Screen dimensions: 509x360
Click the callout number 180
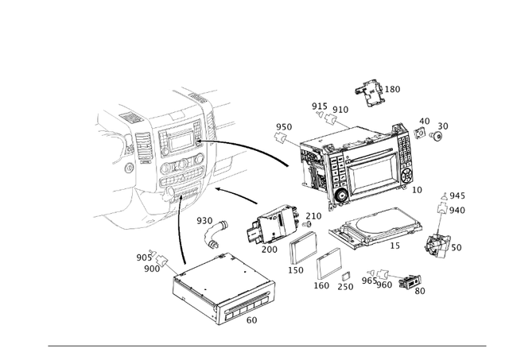(392, 89)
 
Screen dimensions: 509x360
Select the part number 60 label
(251, 320)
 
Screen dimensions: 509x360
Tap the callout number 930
(204, 221)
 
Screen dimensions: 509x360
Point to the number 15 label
(394, 246)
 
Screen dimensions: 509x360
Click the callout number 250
(345, 287)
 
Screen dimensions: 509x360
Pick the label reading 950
(284, 127)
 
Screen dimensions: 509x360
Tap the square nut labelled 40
(420, 133)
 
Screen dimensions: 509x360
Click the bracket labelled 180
(369, 91)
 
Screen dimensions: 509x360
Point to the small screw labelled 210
(306, 224)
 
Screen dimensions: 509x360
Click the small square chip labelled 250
(345, 276)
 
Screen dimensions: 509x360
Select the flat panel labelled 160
(328, 264)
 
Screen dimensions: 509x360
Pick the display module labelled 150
(304, 249)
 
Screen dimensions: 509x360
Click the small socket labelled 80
(410, 281)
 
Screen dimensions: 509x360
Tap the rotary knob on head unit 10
(342, 195)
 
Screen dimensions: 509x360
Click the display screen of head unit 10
(372, 174)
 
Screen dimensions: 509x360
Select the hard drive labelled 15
(375, 229)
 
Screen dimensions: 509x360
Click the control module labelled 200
(274, 225)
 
